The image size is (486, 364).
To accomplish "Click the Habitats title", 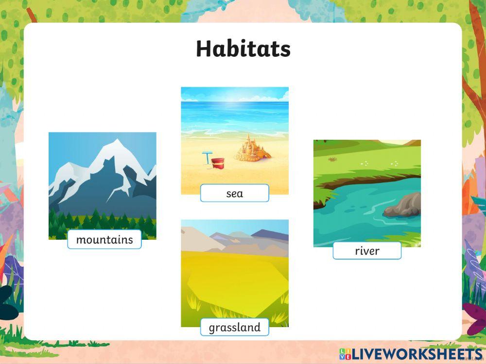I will click(x=243, y=49).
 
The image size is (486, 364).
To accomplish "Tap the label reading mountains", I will click(x=104, y=240).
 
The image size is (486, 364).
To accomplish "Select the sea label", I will click(x=234, y=194).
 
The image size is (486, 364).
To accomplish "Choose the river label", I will click(x=367, y=251).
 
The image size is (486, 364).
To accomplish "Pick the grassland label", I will click(x=234, y=328).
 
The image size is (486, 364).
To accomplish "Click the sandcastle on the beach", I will click(x=252, y=148).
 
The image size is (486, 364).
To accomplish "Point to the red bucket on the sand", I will click(x=217, y=163).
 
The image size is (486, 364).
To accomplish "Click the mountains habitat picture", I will click(x=102, y=184).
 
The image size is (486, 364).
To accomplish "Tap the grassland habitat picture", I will click(x=235, y=272).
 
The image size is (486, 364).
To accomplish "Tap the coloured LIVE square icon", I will click(x=345, y=353).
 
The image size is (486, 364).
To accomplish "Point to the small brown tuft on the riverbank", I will click(x=332, y=159).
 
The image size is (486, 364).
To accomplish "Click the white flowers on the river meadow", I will click(x=364, y=164).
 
